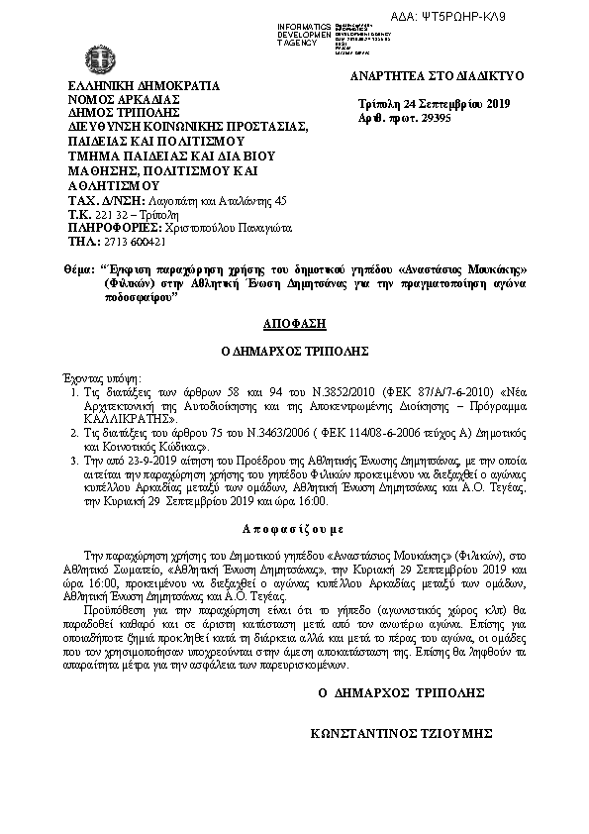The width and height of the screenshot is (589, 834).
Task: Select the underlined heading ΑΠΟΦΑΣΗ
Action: coord(294,323)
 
